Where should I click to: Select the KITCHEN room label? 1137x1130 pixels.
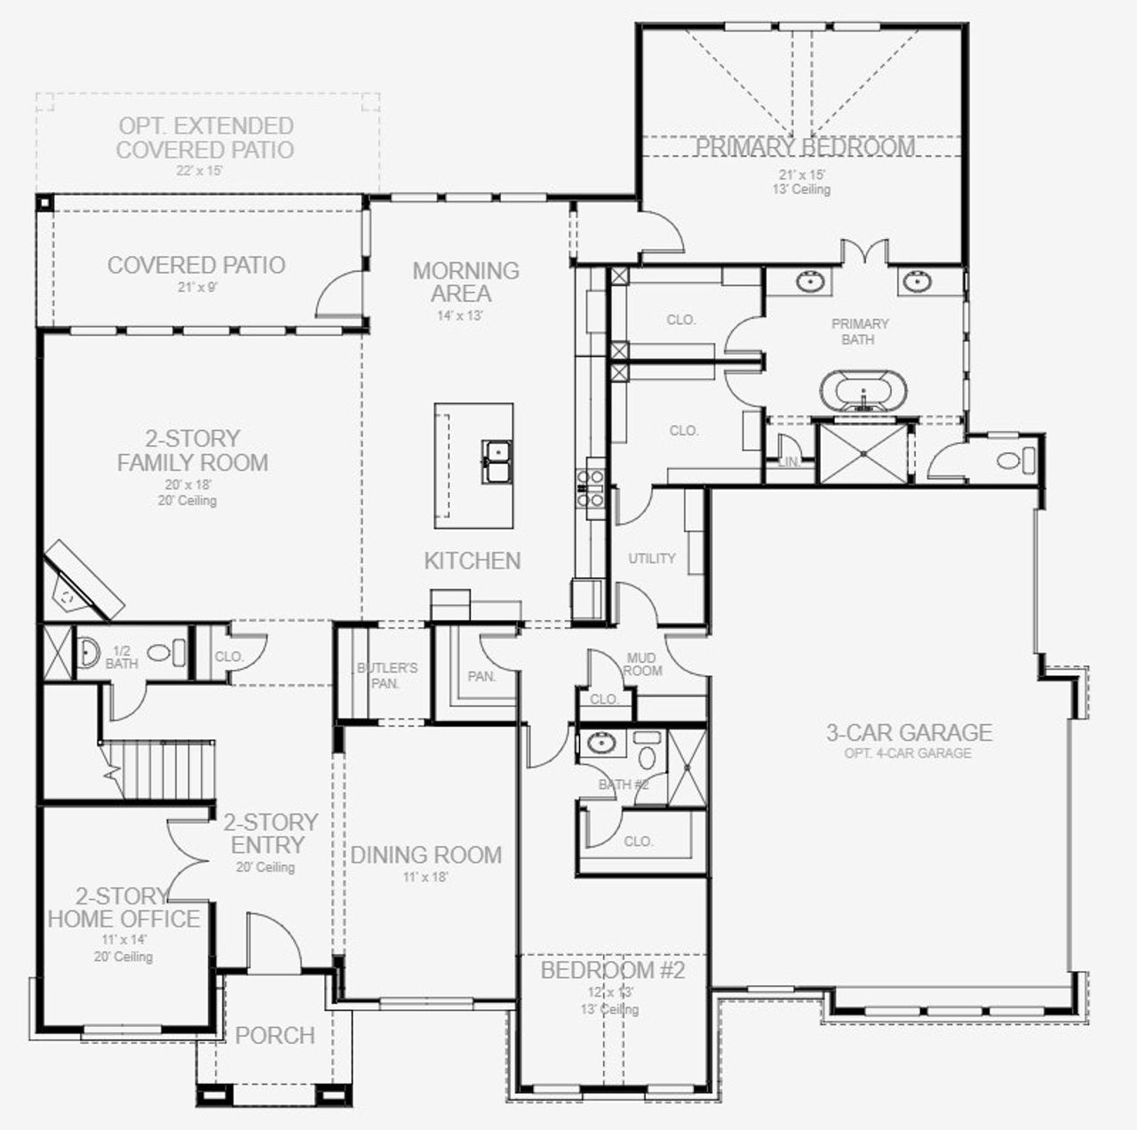[x=472, y=561]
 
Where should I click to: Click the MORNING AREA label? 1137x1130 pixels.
[x=465, y=282]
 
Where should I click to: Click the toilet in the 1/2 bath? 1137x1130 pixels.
[x=161, y=653]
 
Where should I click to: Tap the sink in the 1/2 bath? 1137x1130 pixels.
[x=89, y=653]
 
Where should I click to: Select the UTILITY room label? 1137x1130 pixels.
[x=652, y=559]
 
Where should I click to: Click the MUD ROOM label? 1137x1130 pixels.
[x=641, y=664]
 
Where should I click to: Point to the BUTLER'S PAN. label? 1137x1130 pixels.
[x=386, y=675]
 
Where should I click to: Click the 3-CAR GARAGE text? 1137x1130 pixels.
[x=909, y=733]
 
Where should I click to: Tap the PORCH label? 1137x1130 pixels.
[x=274, y=1036]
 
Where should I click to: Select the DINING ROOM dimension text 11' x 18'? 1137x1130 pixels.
[x=425, y=877]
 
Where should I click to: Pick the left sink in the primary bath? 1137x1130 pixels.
[x=809, y=282]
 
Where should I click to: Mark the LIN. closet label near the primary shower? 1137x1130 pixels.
[x=788, y=463]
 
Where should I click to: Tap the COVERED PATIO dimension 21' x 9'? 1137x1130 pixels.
[x=195, y=287]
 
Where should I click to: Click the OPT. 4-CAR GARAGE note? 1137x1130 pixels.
[x=908, y=753]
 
